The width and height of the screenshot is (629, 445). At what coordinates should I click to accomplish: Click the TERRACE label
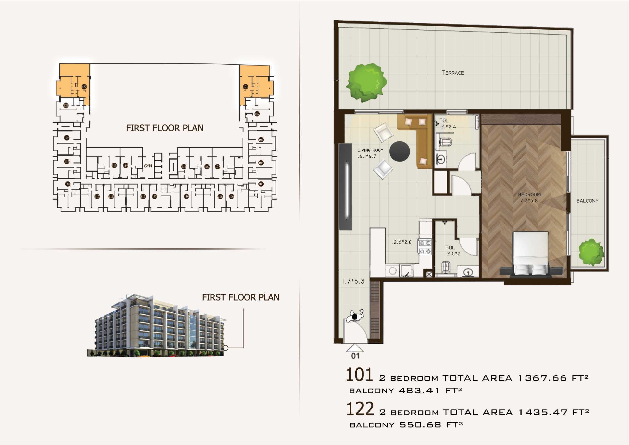[453, 73]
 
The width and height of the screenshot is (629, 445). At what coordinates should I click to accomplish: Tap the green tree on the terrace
[366, 82]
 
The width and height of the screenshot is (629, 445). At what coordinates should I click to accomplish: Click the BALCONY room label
[587, 201]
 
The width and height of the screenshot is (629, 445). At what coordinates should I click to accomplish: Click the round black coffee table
[400, 151]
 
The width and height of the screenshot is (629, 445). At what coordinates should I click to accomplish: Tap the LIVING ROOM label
[370, 150]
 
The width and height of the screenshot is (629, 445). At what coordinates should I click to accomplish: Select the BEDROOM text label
[529, 194]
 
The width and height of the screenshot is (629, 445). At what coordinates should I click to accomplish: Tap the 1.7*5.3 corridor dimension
[353, 281]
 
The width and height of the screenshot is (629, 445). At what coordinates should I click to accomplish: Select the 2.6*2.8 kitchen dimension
[402, 242]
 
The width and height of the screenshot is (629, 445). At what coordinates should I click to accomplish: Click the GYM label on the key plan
[148, 166]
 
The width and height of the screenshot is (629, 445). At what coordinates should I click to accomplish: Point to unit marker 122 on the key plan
[84, 87]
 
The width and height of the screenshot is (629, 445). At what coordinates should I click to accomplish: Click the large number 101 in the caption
[359, 375]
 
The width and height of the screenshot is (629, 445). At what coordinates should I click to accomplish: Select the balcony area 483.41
[419, 390]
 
